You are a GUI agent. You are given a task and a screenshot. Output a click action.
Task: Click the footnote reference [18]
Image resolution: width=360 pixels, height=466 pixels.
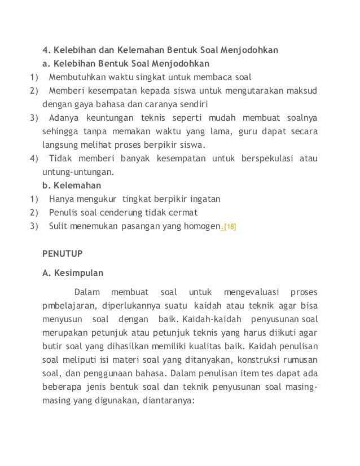coord(230,227)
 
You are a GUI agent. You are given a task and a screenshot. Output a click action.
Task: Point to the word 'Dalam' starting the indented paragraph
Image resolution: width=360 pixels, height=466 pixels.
coord(86,292)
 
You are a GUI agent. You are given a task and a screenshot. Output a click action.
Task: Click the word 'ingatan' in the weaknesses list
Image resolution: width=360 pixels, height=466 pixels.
coord(205,199)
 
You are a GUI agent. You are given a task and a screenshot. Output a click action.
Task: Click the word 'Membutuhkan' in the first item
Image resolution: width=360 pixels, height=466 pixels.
coord(77,76)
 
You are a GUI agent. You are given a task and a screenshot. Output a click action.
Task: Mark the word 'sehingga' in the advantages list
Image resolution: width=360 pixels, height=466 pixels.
coord(60,131)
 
